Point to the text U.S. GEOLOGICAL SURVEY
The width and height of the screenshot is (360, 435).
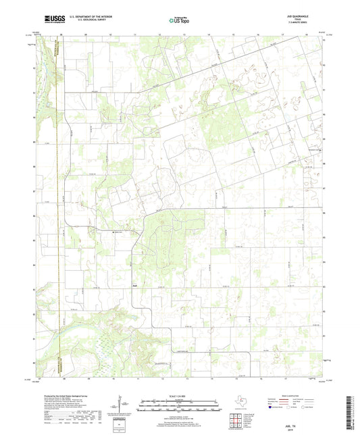(x=86, y=22)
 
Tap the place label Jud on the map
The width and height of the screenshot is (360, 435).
(x=135, y=284)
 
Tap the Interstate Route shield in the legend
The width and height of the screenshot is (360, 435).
(x=274, y=408)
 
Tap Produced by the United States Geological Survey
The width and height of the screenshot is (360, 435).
(x=61, y=394)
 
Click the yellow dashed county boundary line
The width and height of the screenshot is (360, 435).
(x=57, y=203)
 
